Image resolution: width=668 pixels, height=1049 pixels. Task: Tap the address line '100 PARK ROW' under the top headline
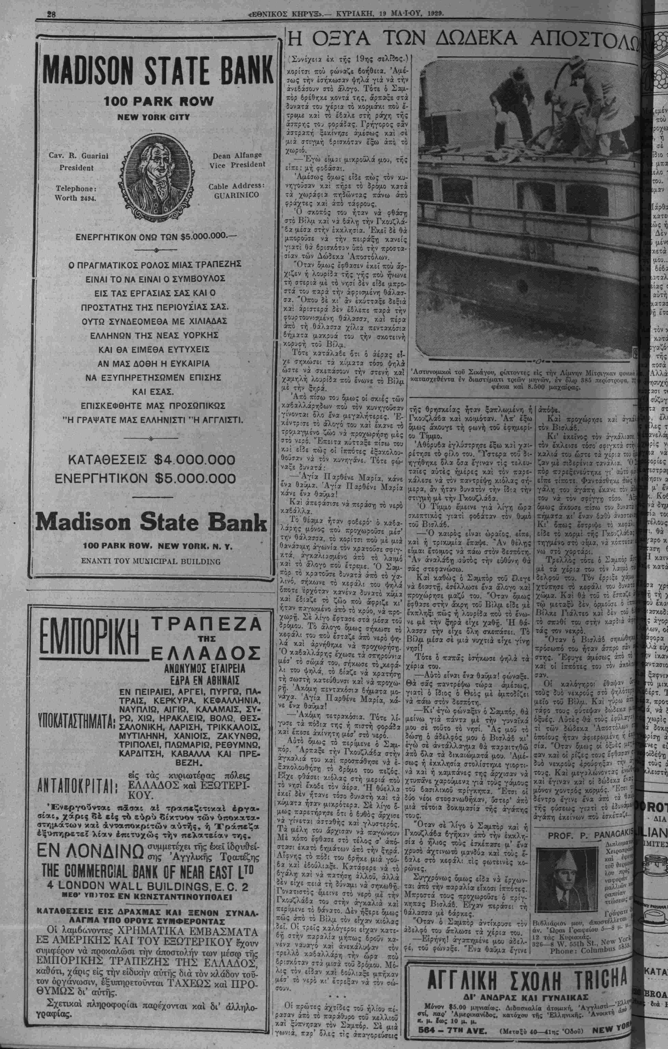click(159, 102)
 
